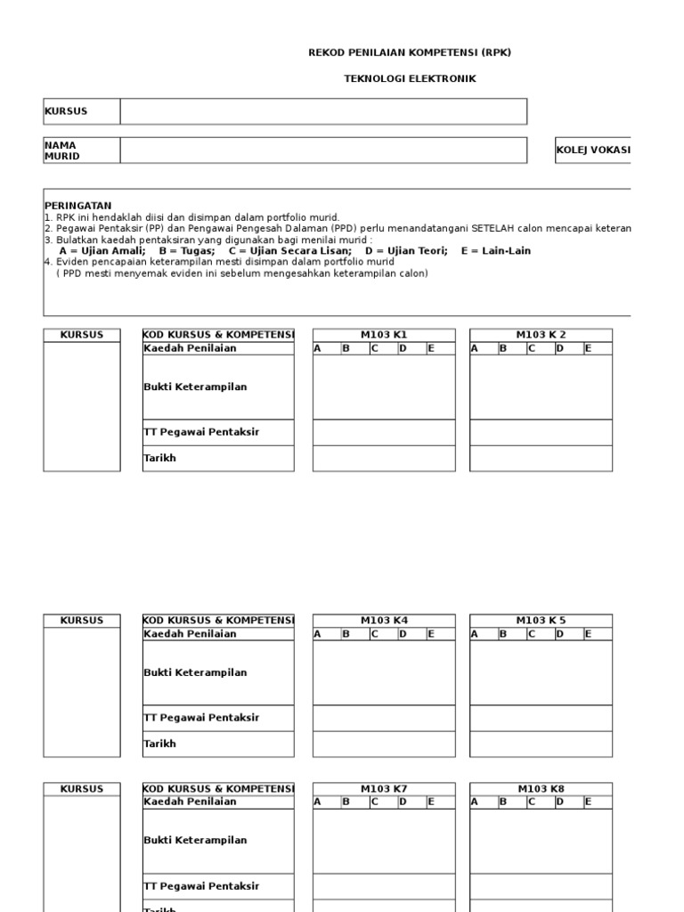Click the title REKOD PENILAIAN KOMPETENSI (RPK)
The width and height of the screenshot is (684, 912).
410,53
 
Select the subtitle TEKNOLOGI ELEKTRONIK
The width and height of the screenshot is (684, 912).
410,78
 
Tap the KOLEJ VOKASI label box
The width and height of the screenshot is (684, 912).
592,151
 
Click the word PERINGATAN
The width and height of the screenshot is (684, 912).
78,206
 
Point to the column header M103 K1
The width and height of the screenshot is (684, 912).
384,335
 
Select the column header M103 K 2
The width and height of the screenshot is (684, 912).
541,335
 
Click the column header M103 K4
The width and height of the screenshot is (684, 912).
384,620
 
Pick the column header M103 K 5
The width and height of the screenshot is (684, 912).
541,620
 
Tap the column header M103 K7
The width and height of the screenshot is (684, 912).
384,789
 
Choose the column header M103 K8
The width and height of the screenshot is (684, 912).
541,789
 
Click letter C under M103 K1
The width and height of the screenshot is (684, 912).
375,348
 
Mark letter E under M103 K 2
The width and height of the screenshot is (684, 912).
588,348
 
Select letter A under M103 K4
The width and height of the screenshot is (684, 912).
317,634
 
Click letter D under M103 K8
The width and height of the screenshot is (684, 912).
559,802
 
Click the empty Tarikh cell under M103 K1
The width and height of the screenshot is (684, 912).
384,458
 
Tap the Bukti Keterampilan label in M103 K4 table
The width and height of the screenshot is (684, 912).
195,672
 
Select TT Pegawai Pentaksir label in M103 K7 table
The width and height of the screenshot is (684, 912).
201,886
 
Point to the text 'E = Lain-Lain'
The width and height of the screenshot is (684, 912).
495,251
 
